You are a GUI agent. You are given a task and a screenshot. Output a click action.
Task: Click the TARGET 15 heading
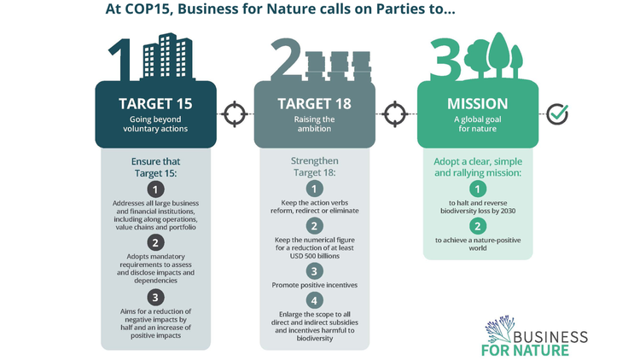155,104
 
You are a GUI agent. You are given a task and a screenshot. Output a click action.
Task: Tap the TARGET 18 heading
314,104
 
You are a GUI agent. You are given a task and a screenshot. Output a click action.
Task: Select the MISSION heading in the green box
478,104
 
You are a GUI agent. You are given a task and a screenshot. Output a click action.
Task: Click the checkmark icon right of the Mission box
557,113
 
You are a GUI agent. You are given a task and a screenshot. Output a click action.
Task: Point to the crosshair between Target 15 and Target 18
235,113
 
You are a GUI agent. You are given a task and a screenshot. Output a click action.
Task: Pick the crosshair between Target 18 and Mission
395,113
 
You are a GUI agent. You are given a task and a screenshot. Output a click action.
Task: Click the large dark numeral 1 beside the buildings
121,60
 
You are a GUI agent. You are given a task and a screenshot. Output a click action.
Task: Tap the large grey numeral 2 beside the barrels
286,60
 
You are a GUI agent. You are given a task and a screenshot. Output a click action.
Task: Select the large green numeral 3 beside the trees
445,58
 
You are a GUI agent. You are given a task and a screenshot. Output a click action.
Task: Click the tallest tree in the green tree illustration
498,55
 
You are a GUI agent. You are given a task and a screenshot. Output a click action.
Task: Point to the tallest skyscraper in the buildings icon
167,55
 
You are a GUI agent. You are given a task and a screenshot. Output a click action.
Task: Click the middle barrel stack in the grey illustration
339,67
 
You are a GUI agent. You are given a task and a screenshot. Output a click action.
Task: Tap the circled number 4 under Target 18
314,301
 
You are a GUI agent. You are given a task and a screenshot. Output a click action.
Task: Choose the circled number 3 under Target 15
155,298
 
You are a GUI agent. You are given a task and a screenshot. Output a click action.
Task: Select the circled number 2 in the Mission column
478,226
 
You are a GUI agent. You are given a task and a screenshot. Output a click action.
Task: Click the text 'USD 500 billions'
315,256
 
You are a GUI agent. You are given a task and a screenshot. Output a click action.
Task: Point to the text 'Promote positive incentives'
315,285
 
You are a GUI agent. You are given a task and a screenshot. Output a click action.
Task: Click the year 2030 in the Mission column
508,211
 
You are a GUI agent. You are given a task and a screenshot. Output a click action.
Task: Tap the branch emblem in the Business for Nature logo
499,329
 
